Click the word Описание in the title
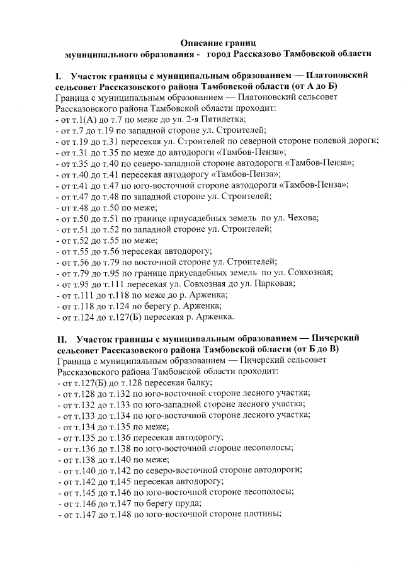(x=203, y=42)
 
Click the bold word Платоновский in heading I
(x=332, y=76)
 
